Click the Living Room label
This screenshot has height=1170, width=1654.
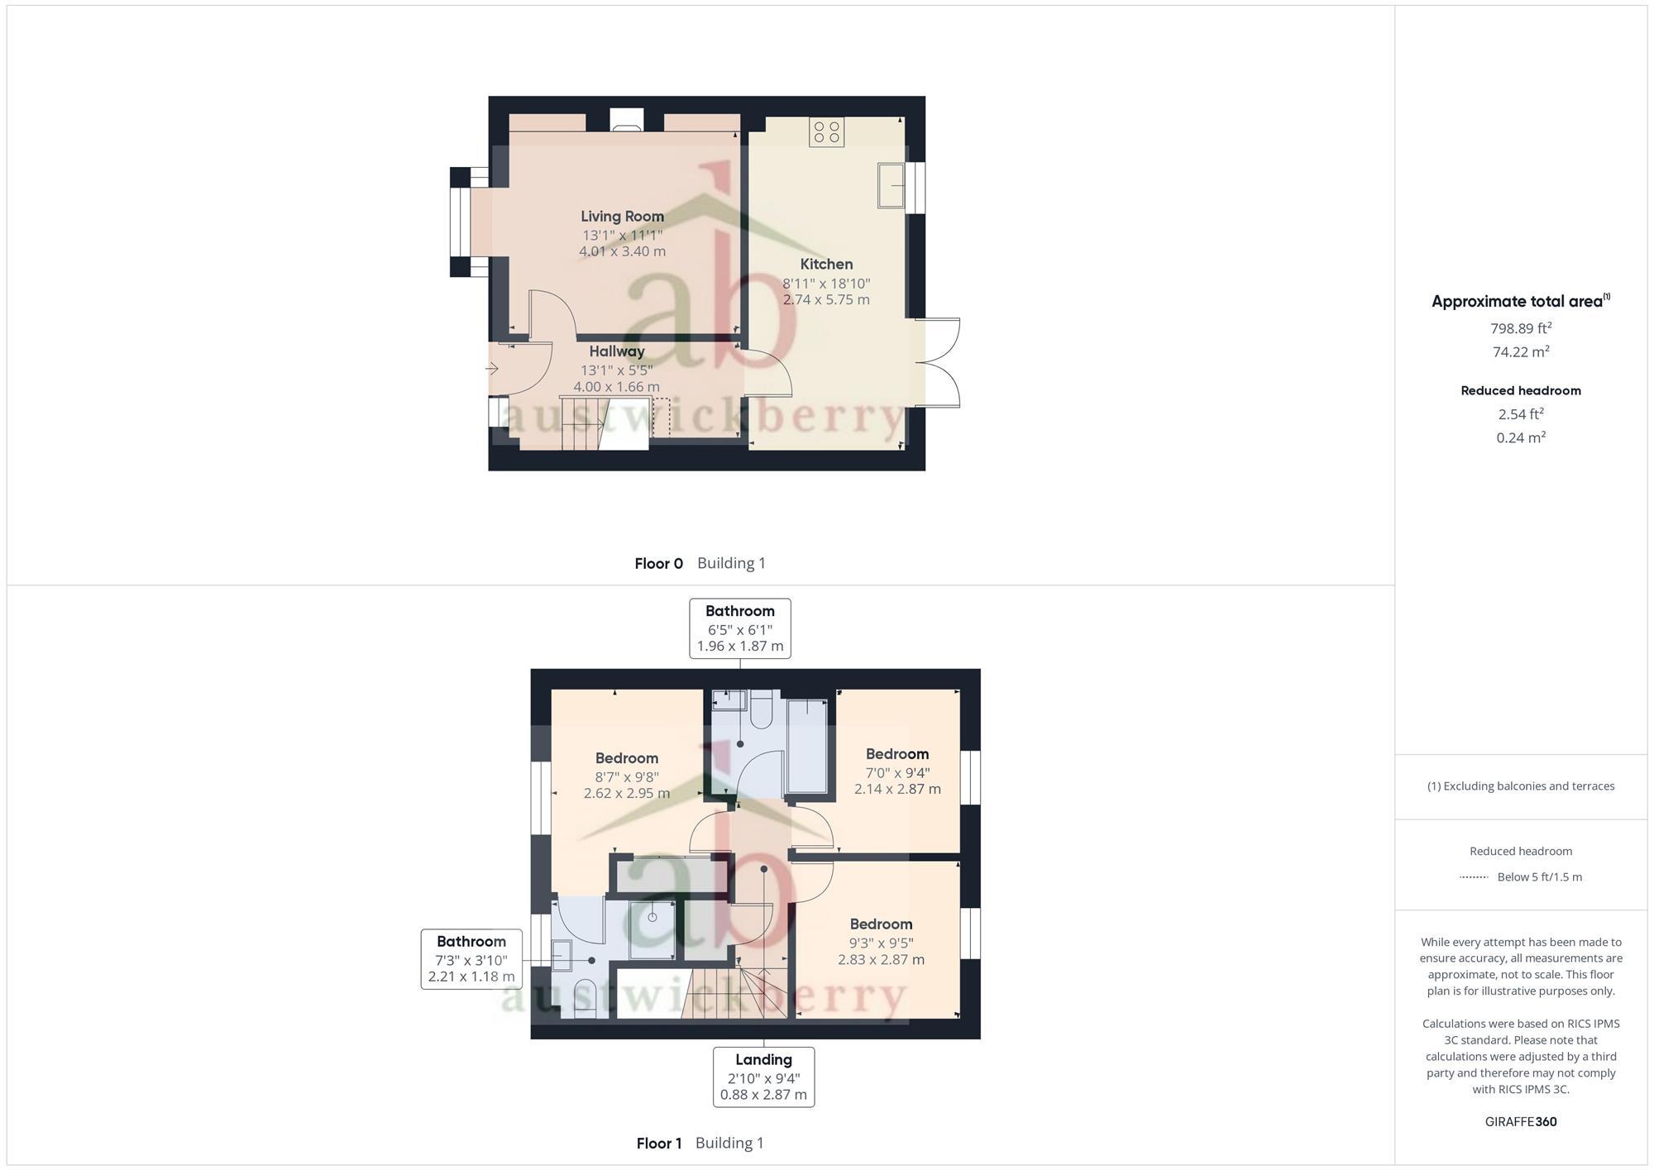622,217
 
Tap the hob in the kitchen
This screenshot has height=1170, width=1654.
826,132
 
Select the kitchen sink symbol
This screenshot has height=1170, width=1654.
891,185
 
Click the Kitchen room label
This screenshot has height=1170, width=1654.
826,265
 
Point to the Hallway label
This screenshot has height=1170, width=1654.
616,351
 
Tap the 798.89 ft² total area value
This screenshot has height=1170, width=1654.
1520,328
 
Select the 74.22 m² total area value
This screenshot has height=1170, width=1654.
1520,351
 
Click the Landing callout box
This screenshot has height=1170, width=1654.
763,1077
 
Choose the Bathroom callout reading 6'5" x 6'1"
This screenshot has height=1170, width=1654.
739,628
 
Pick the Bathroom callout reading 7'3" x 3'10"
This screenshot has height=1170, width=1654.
471,959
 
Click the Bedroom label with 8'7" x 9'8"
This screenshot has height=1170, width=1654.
627,758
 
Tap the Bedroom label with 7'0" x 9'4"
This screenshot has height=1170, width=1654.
897,754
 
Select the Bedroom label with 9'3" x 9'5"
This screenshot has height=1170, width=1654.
881,924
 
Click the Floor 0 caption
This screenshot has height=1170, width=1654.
658,564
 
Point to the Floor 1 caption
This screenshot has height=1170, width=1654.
658,1144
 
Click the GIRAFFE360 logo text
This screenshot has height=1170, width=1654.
1520,1122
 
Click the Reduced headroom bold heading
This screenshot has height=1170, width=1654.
1520,391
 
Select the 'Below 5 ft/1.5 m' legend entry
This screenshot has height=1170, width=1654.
1538,877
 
